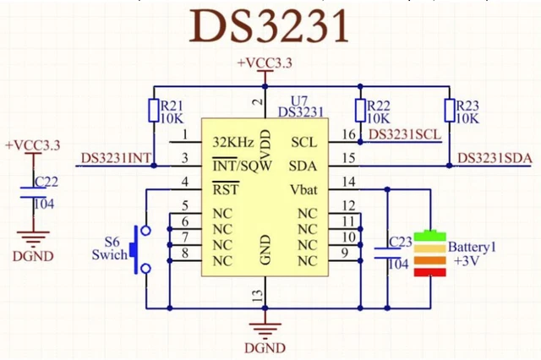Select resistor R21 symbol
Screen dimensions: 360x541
click(154, 111)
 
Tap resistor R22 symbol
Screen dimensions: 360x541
click(360, 111)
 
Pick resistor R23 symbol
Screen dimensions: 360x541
click(449, 111)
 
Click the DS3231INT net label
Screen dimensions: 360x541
click(117, 158)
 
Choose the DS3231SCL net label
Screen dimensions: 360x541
click(405, 134)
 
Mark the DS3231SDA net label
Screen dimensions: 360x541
click(495, 158)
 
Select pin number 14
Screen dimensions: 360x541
click(347, 182)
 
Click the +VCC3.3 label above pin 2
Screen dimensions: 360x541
click(265, 64)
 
